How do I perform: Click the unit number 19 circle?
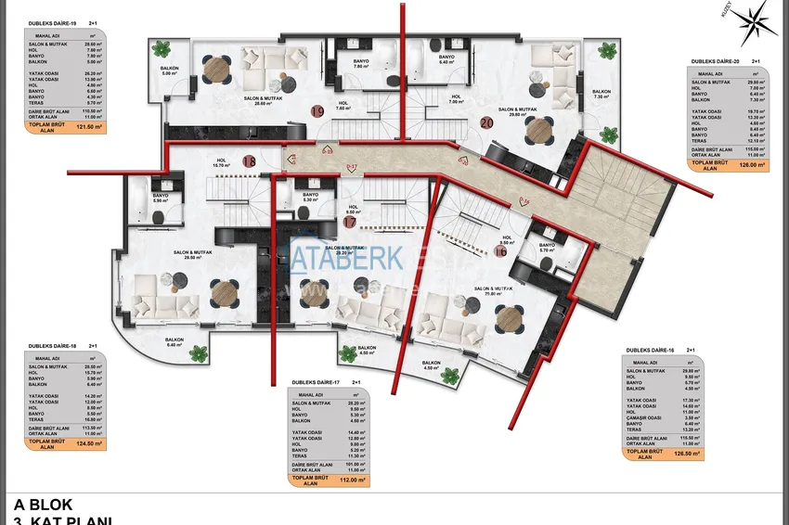click(x=317, y=111)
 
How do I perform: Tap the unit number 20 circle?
click(x=486, y=122)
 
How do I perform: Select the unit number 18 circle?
click(x=249, y=160)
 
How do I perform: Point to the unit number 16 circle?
click(x=500, y=250)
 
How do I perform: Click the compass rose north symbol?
click(x=760, y=18)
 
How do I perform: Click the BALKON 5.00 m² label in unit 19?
click(x=169, y=70)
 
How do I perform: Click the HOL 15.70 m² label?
click(x=221, y=164)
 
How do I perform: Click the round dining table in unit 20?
click(x=537, y=133)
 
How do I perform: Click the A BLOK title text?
click(x=43, y=505)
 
